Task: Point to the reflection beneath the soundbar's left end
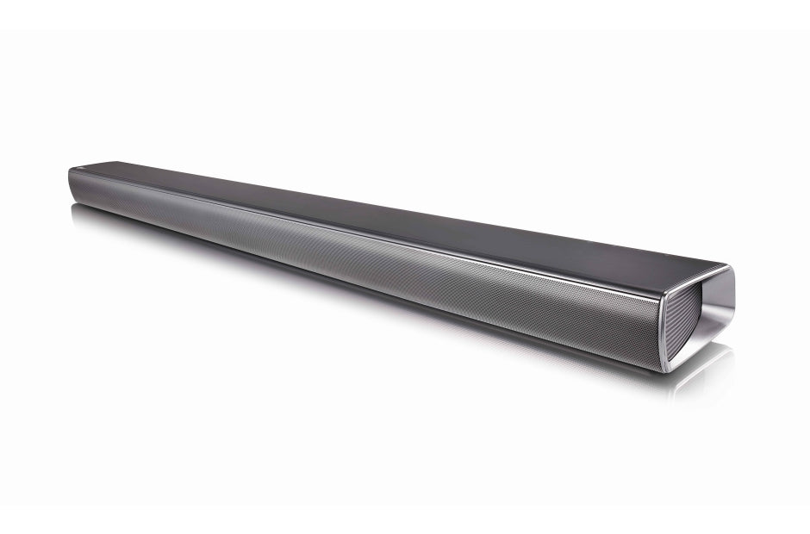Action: tap(95, 215)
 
